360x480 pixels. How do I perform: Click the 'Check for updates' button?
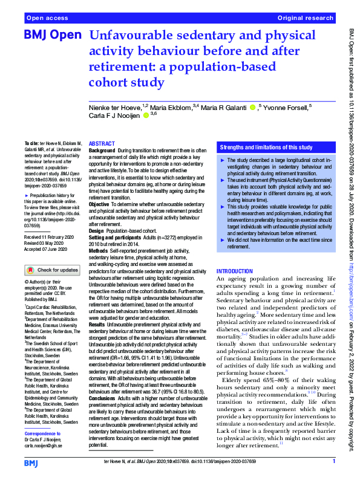click(x=52, y=270)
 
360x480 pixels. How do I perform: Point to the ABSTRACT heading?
click(x=102, y=144)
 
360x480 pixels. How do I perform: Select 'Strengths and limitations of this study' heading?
click(x=266, y=148)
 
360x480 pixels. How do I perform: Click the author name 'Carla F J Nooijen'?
click(x=114, y=115)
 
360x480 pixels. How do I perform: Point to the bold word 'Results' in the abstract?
click(x=97, y=325)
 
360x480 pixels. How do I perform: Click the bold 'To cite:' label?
click(x=32, y=144)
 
